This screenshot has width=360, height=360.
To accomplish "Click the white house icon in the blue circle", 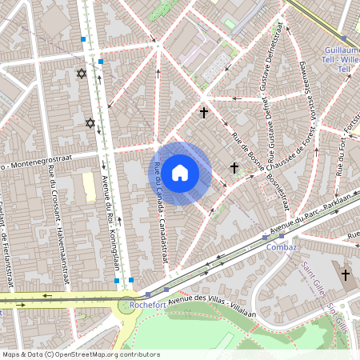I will pos(180,172).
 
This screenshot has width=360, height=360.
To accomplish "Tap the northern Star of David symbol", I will pos(81,74).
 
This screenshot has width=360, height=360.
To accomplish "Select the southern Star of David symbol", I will pos(90,122).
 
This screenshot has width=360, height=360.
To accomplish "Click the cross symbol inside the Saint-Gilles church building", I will pos(346,275).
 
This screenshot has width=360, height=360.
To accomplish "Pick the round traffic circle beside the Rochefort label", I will pos(126,306).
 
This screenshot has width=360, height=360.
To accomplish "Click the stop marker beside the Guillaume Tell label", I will pos(344,38).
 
